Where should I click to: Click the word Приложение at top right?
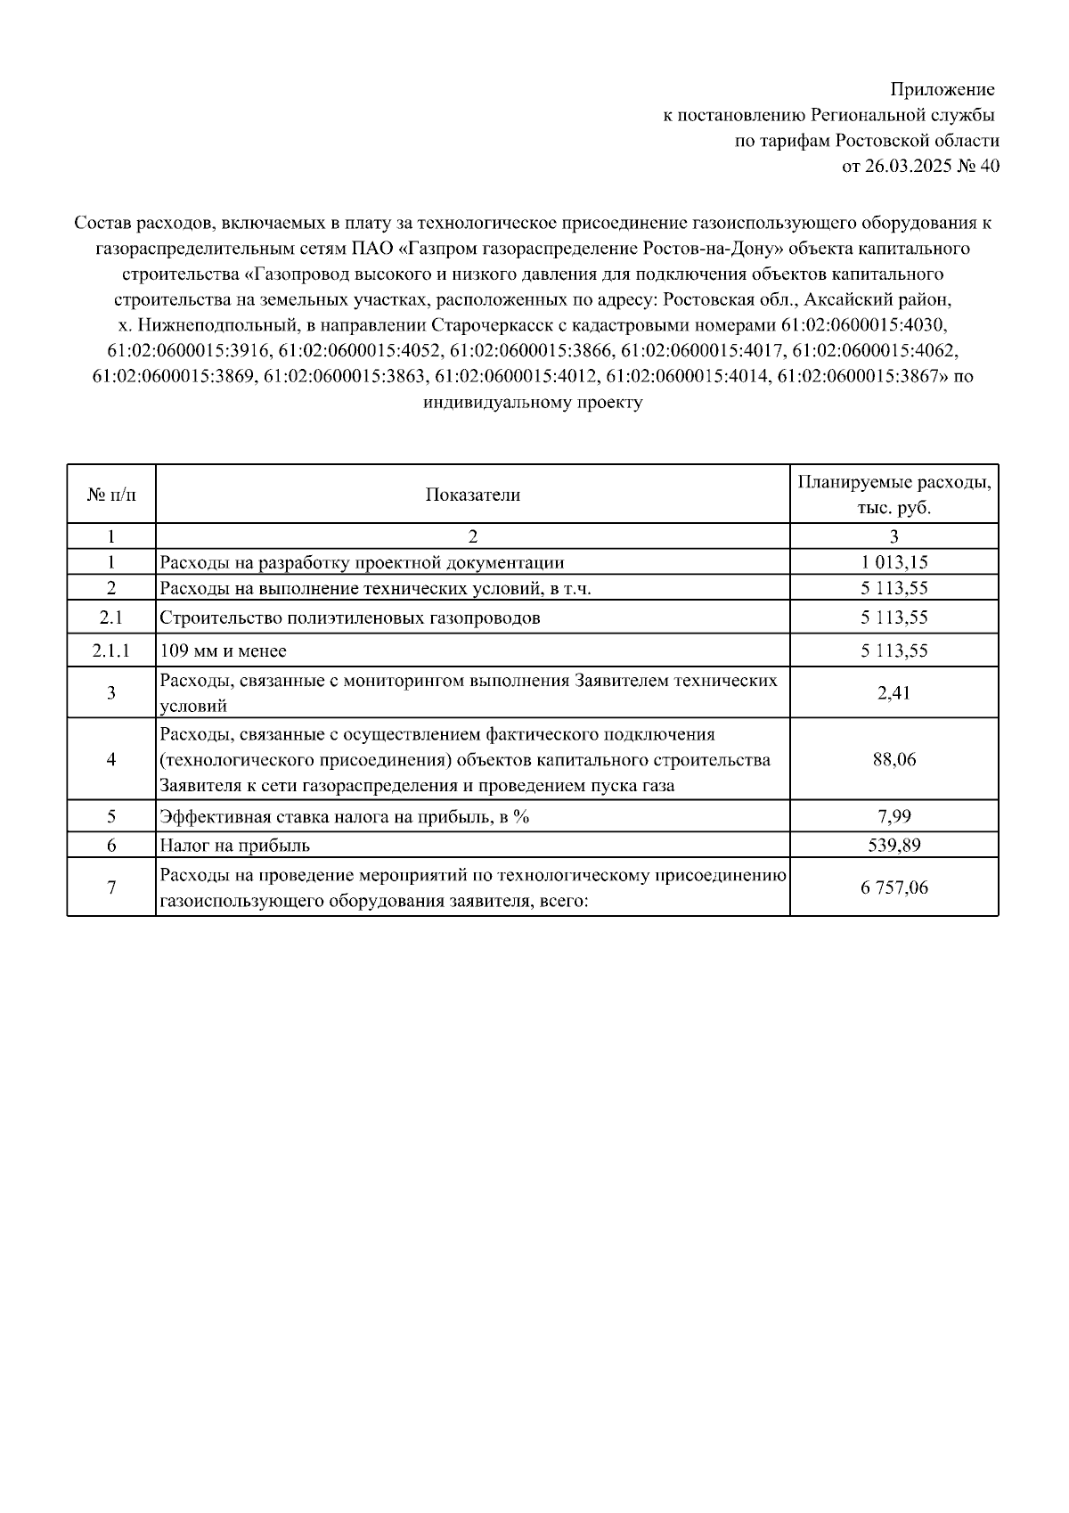(x=943, y=90)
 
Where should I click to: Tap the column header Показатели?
(x=472, y=495)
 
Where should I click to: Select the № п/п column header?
(x=111, y=495)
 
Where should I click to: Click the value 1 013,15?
(x=894, y=562)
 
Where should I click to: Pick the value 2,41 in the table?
(x=894, y=692)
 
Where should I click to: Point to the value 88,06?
(x=894, y=760)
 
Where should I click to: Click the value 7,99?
(x=894, y=815)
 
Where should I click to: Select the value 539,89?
(x=894, y=845)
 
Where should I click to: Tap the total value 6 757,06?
(x=894, y=887)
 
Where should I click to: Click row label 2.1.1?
(x=111, y=651)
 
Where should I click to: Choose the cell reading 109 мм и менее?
(x=224, y=651)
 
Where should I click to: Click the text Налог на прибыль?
(x=235, y=845)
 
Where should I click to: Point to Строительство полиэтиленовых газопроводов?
(x=350, y=618)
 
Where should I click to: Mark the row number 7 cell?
(x=111, y=887)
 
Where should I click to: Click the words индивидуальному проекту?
(x=533, y=402)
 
